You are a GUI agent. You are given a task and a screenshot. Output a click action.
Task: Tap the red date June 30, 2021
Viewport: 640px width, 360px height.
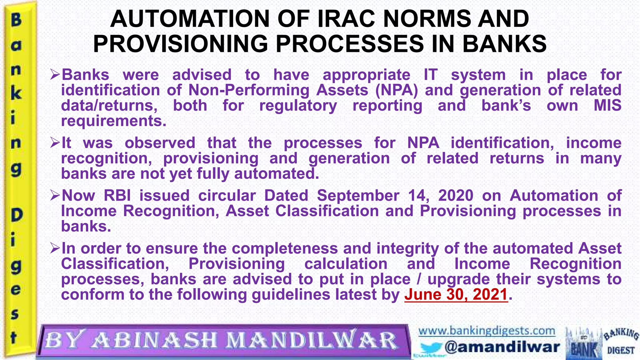[456, 294]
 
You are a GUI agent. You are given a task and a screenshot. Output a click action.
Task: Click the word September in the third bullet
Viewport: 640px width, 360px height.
[358, 196]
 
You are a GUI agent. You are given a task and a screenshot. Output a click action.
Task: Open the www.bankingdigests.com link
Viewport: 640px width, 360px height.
[487, 331]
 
